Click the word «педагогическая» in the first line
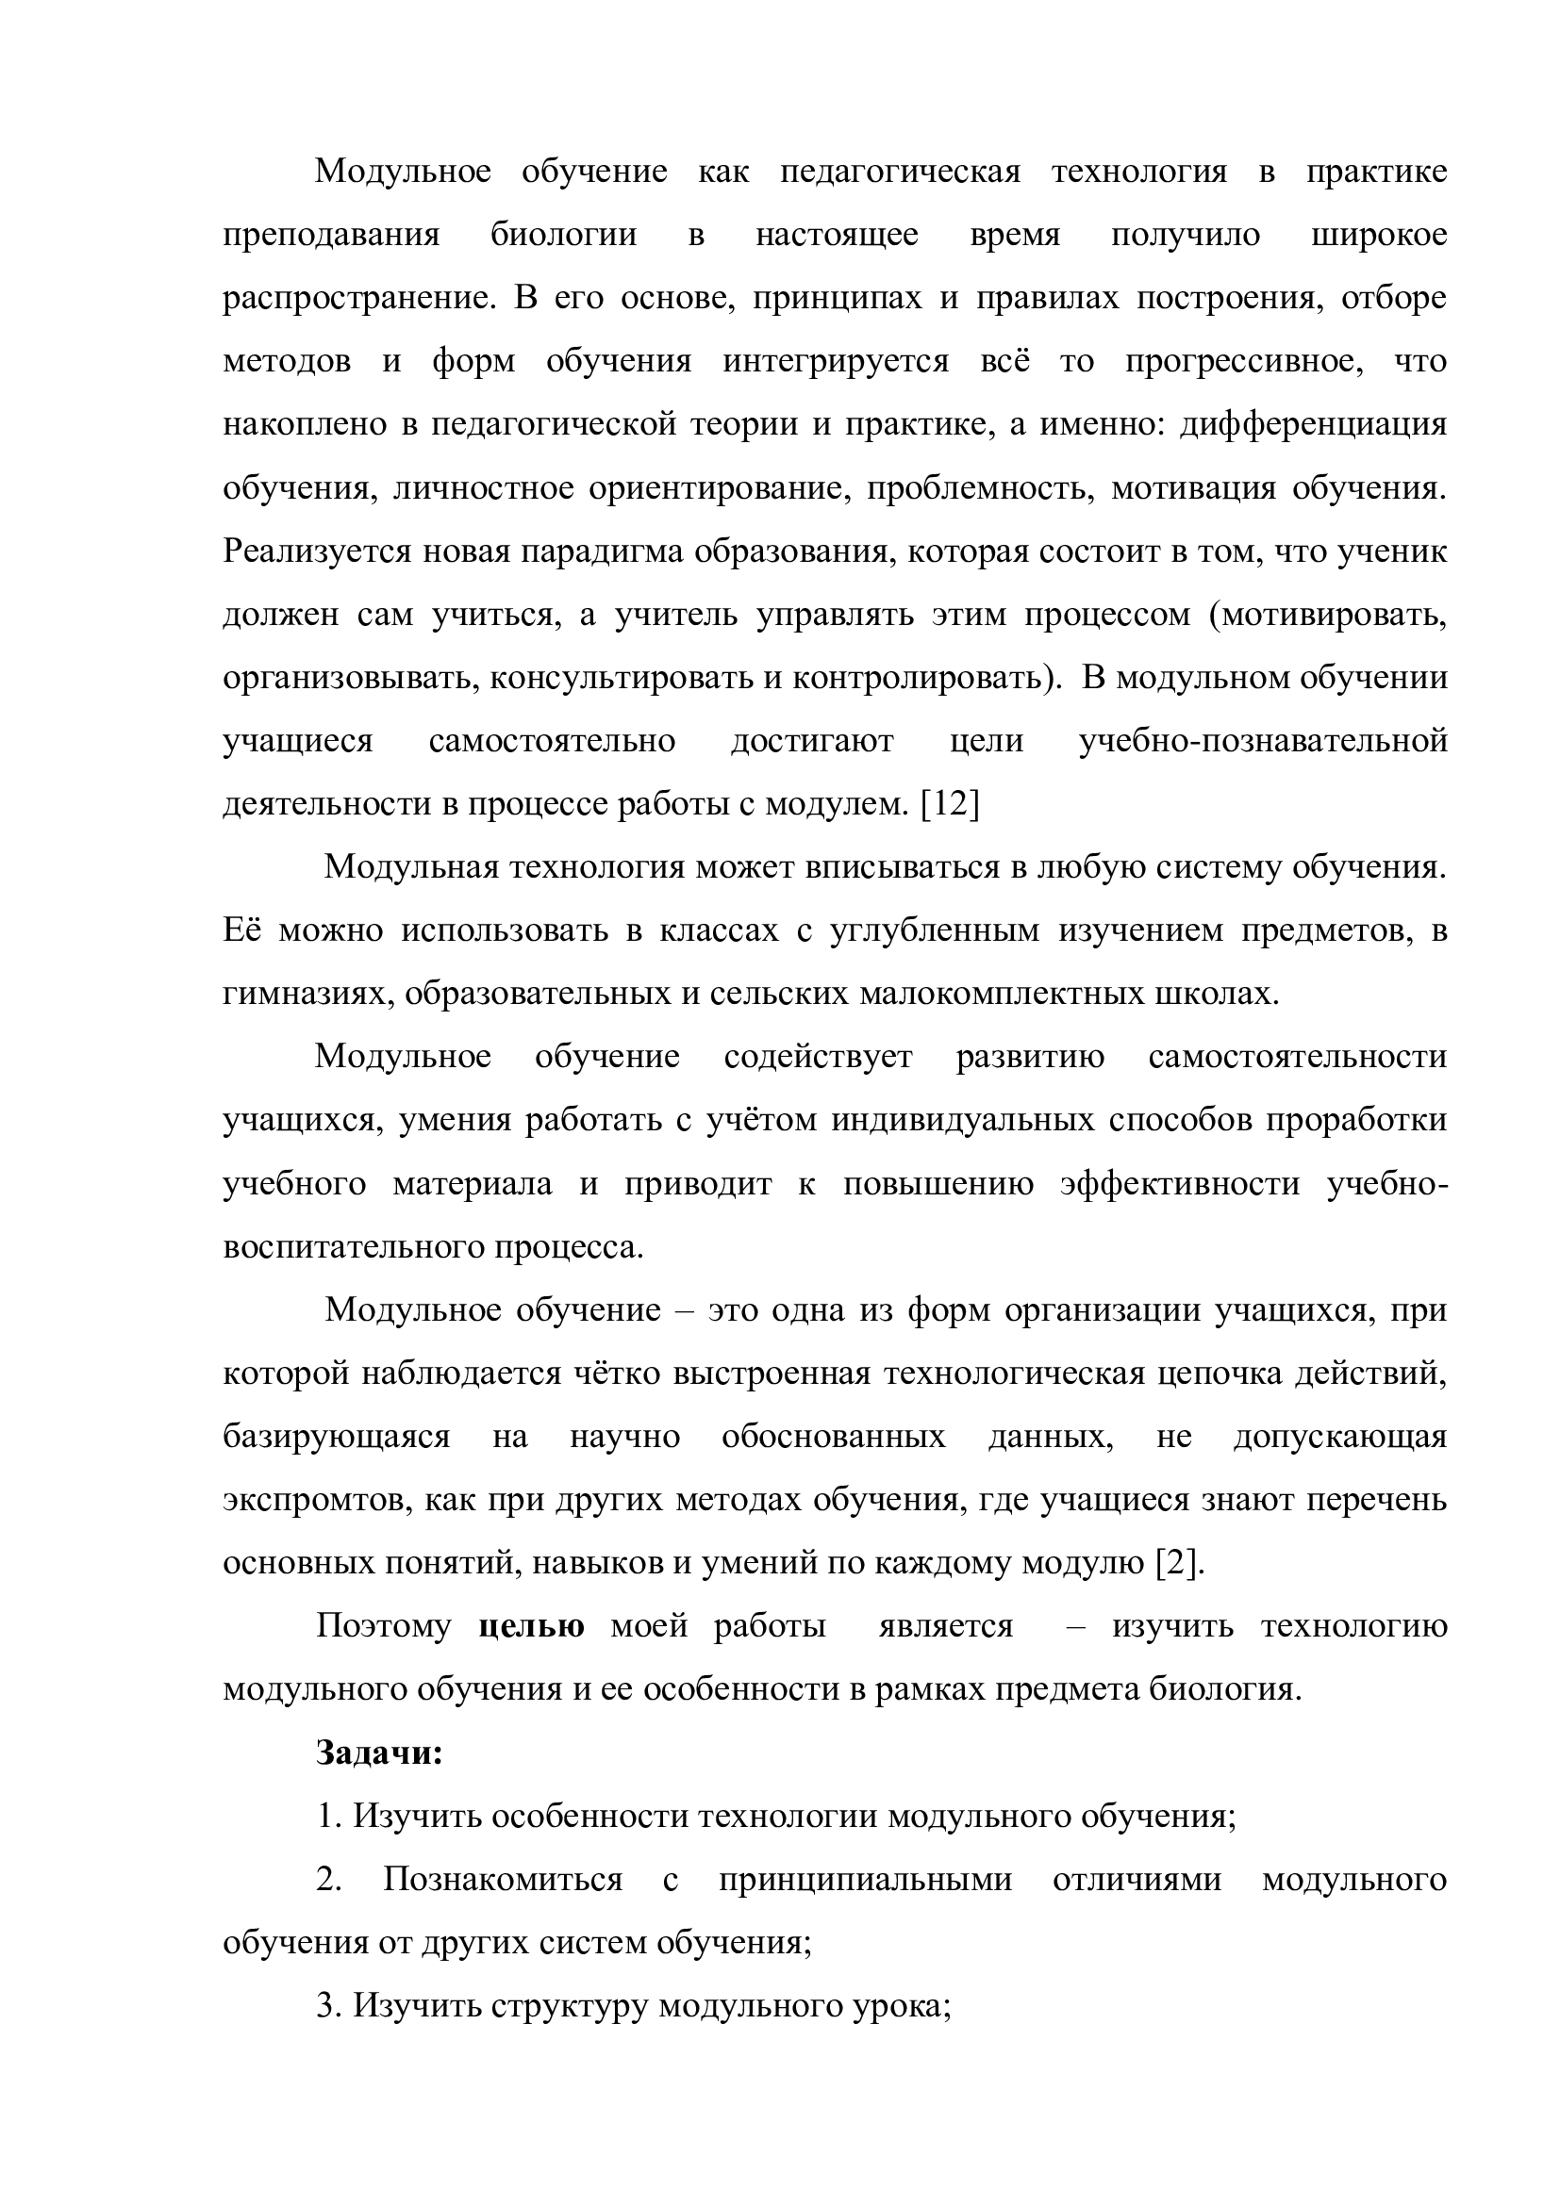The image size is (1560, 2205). coord(900,172)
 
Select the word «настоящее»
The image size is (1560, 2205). coord(837,236)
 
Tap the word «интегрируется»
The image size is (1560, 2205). coord(836,362)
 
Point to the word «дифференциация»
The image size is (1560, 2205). coord(1312,424)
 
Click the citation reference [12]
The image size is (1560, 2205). coord(950,805)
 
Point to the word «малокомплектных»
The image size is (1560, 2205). coord(993,994)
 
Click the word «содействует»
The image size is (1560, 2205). coord(818,1058)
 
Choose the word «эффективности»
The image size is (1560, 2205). coord(1180,1184)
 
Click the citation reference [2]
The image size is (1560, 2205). coord(1177,1563)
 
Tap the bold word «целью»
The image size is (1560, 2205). coord(530,1627)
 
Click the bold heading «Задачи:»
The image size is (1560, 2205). coord(379,1752)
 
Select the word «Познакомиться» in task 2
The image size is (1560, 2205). coord(503,1880)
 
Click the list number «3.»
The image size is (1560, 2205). coord(329,2006)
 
